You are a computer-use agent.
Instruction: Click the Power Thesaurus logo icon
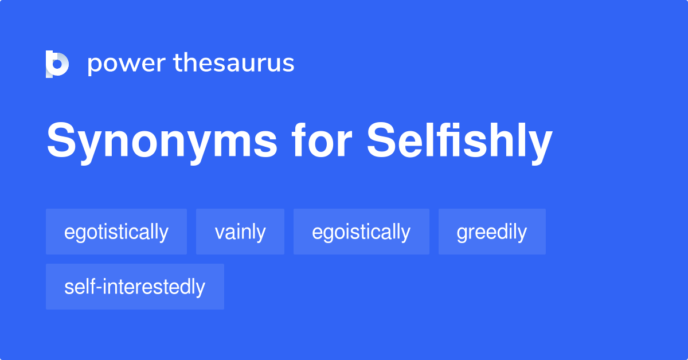[x=57, y=64]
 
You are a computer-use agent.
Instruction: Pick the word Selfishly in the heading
[x=459, y=142]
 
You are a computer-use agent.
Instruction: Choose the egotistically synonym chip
[x=116, y=232]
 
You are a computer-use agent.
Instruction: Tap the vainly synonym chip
[x=240, y=232]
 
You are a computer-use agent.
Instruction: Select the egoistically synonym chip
[x=361, y=232]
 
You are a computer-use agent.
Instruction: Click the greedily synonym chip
[x=492, y=232]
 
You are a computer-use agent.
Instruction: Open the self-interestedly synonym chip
[x=135, y=287]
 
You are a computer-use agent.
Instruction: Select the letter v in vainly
[x=219, y=233]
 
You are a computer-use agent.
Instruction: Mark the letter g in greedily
[x=462, y=234]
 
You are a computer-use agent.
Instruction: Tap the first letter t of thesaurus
[x=178, y=63]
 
